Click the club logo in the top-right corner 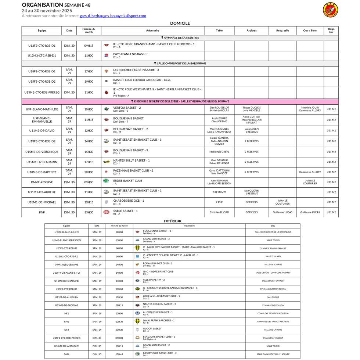pos(330,10)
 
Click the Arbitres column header pos(252,30)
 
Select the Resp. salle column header pos(282,30)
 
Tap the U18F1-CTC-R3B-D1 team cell pos(42,71)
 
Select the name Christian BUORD pos(219,212)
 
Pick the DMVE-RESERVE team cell pos(42,182)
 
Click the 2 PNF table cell pos(219,202)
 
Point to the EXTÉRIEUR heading pos(172,221)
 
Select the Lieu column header pos(273,226)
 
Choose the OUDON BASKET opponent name pos(152,328)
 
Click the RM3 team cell pos(66,321)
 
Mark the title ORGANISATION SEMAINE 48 pos(56,5)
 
